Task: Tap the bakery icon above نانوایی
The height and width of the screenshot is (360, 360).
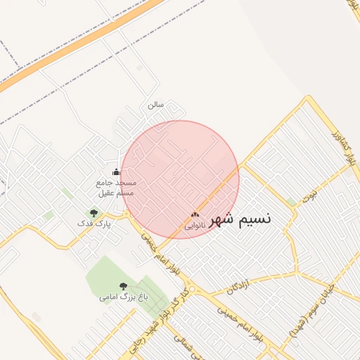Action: pos(195,214)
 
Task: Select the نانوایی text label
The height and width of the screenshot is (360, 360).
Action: pos(195,226)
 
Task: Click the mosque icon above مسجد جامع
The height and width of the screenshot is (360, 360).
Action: pos(116,172)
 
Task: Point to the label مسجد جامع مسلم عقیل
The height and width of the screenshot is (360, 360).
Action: pos(116,187)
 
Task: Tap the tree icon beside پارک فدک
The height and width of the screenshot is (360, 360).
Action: pos(93,212)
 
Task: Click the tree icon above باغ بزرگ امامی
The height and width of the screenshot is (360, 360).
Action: pos(124,286)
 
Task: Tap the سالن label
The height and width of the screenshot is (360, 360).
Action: pos(155,105)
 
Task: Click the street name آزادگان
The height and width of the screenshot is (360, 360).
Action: pos(240,285)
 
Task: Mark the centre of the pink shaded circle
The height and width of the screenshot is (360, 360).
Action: pos(180,179)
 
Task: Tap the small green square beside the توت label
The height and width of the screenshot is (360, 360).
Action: pos(291,202)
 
